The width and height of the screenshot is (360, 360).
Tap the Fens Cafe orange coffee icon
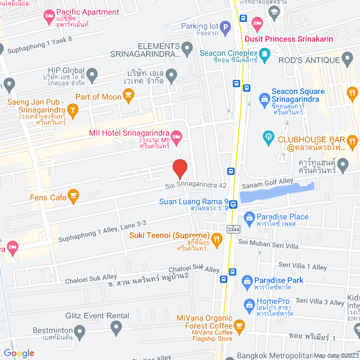pos(73,196)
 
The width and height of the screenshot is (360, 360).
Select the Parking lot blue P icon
pos(225,26)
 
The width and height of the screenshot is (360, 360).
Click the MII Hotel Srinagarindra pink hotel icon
pos(176,136)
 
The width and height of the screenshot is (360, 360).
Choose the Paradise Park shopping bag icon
pos(246,281)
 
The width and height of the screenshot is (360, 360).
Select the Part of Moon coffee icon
pos(129,97)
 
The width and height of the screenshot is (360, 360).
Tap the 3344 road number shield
pos(233,229)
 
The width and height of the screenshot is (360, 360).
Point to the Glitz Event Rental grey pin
pos(116,326)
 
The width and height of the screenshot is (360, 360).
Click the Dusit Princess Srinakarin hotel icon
pos(258,24)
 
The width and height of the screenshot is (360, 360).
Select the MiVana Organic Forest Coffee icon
pos(239,325)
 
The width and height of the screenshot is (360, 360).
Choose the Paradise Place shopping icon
pos(248,217)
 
